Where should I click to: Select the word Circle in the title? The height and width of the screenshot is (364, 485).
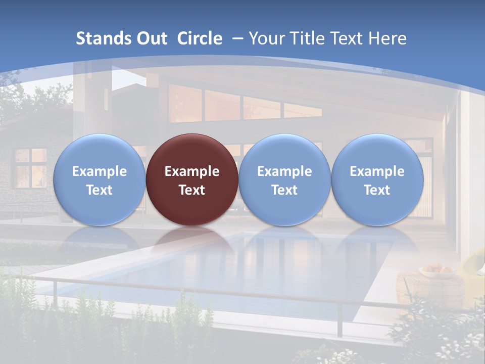tap(199, 38)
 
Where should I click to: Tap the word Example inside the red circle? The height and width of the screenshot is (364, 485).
tap(192, 171)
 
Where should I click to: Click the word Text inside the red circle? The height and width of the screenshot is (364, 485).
tap(192, 190)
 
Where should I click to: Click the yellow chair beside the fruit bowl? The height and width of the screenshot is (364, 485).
tap(475, 263)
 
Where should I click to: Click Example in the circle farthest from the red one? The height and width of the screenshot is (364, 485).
tap(377, 171)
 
